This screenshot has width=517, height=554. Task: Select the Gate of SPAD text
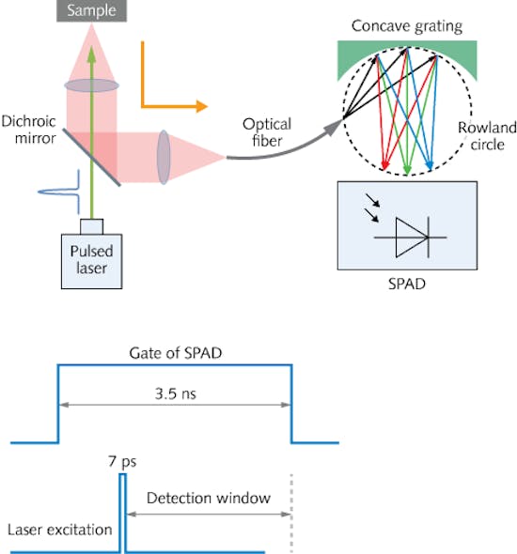tap(175, 353)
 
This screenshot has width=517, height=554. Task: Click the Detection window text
tap(208, 495)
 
